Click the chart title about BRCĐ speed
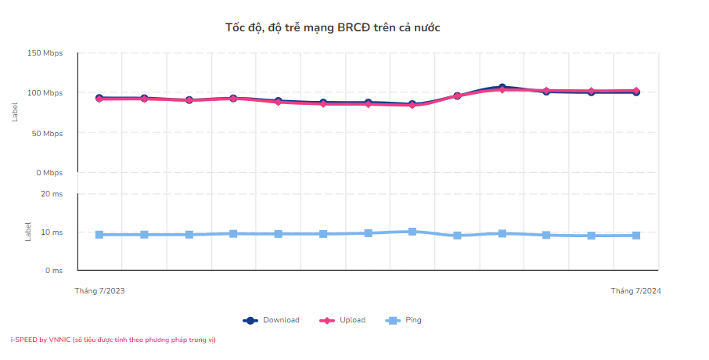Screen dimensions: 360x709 pyautogui.click(x=333, y=27)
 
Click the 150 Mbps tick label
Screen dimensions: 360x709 pyautogui.click(x=45, y=53)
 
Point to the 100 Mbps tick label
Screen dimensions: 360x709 pyautogui.click(x=45, y=93)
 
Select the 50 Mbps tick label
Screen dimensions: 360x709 pyautogui.click(x=47, y=133)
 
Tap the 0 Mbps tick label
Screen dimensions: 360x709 pyautogui.click(x=49, y=173)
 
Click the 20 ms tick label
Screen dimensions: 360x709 pyautogui.click(x=52, y=193)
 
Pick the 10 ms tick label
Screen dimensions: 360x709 pyautogui.click(x=52, y=232)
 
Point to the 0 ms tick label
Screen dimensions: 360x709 pyautogui.click(x=53, y=271)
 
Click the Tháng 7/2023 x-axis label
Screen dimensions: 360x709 pyautogui.click(x=99, y=291)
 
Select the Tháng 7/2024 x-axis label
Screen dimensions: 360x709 pyautogui.click(x=636, y=291)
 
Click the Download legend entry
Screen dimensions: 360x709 pyautogui.click(x=272, y=320)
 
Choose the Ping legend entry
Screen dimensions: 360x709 pyautogui.click(x=405, y=320)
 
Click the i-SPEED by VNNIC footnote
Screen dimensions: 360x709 pyautogui.click(x=113, y=340)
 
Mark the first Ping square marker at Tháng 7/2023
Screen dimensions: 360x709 pyautogui.click(x=99, y=235)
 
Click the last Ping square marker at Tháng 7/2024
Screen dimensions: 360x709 pyautogui.click(x=636, y=236)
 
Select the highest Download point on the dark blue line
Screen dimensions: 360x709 pyautogui.click(x=502, y=87)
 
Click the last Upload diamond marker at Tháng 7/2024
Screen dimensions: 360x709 pyautogui.click(x=636, y=91)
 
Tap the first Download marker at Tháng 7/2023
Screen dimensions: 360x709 pyautogui.click(x=99, y=98)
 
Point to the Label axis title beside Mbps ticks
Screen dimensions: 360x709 pyautogui.click(x=15, y=113)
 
